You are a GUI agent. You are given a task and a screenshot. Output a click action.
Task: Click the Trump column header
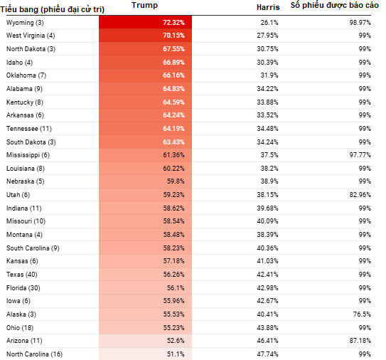145,6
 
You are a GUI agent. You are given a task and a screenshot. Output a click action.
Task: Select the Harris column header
268,7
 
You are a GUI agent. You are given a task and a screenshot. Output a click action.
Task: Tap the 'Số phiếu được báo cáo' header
335,6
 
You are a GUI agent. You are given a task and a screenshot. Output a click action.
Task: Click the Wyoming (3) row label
25,23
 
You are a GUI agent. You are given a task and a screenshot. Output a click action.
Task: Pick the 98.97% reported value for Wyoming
360,23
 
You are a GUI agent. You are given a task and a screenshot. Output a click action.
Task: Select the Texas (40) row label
21,275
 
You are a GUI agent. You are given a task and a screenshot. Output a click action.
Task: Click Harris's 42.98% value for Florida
267,288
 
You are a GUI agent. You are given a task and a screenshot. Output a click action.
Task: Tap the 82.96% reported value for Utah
360,195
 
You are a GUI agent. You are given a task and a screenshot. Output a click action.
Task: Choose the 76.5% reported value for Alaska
362,314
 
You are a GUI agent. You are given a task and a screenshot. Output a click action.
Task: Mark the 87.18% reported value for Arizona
360,341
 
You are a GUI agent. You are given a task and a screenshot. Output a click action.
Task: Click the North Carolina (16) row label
34,354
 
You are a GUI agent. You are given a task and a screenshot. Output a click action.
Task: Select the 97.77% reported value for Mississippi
360,155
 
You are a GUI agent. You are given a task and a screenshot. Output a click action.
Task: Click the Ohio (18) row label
20,328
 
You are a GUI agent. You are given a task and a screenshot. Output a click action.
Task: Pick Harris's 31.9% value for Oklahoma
269,75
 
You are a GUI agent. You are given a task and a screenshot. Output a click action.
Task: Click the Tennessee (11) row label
29,129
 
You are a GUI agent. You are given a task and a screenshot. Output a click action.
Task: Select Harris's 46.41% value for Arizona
267,341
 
